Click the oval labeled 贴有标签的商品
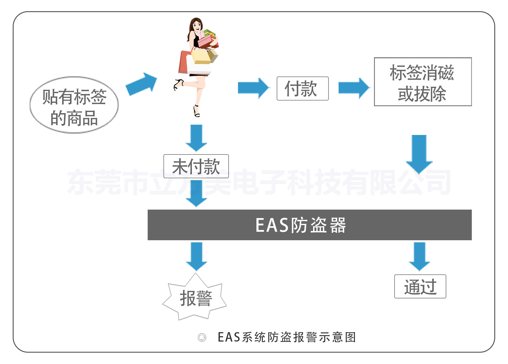point(74,105)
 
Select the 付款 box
point(302,89)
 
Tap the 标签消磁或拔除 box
point(423,82)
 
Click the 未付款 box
point(196,166)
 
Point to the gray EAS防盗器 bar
point(309,225)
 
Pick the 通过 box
point(420,286)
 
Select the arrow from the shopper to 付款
point(253,88)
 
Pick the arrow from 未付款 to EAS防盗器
point(196,194)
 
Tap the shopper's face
point(197,26)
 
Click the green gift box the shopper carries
point(209,33)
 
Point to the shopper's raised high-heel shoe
point(179,84)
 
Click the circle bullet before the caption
point(202,337)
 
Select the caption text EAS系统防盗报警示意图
point(287,337)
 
